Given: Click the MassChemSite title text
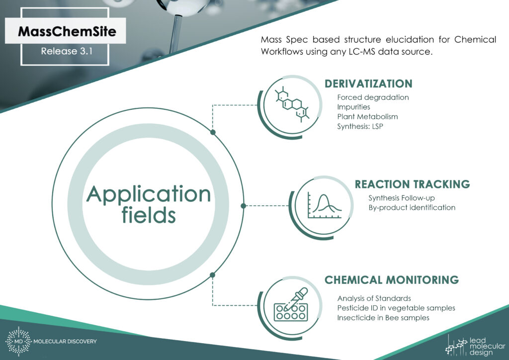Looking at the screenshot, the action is point(67,31).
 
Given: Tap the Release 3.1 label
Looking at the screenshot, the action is point(67,51).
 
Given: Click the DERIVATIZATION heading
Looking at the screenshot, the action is point(368,84).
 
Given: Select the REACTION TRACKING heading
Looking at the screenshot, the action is point(412,184).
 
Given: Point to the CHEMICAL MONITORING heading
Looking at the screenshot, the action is point(392,280).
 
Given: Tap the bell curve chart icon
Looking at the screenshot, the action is point(324,205).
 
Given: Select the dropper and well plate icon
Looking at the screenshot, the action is point(291,304).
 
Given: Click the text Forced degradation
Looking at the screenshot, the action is point(373,97).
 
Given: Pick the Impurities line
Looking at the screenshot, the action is point(353,107).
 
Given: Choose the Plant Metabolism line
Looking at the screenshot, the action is point(367,116).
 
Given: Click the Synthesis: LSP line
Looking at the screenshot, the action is point(360,126).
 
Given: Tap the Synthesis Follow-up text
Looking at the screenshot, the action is point(402,198).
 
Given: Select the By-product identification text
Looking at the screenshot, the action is point(412,207).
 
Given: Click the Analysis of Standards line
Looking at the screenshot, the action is point(374,298).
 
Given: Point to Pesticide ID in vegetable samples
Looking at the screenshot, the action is point(396,308).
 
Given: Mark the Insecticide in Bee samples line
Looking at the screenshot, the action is point(383,317).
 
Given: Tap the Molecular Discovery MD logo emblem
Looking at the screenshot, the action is point(18,341).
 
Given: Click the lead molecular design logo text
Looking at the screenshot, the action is point(487,347).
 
